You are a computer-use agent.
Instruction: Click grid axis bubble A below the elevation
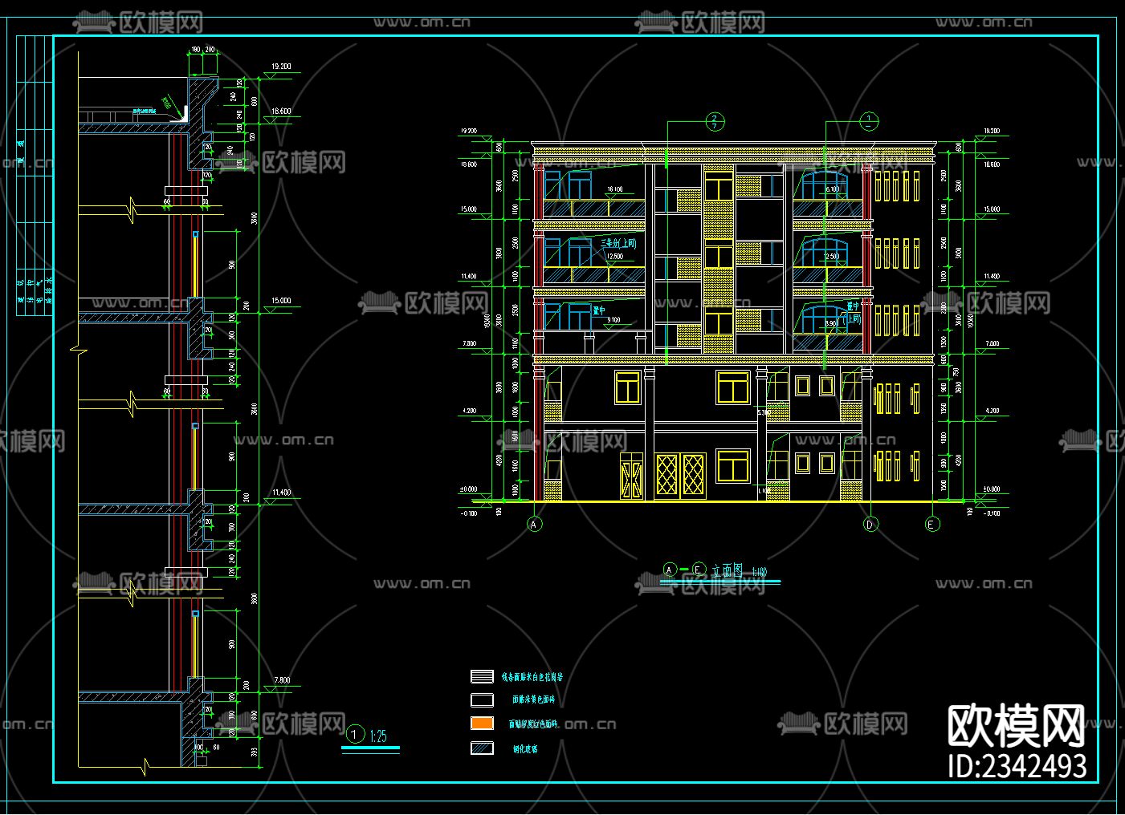(535, 525)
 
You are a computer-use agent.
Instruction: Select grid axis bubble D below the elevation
(870, 525)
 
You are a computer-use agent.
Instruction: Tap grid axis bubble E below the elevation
(932, 525)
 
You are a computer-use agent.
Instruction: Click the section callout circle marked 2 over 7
(715, 122)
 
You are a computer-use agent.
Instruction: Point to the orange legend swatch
(482, 723)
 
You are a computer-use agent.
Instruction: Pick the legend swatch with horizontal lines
(482, 677)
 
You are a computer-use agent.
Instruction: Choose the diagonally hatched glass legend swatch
(482, 748)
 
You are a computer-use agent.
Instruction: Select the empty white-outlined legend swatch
(482, 699)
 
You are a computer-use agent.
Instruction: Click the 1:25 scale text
(378, 735)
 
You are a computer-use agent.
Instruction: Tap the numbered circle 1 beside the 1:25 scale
(354, 734)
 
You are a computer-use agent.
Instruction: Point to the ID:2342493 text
(1017, 766)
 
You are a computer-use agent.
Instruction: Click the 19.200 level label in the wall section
(281, 67)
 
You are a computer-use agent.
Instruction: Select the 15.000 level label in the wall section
(281, 301)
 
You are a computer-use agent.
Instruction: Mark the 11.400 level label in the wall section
(281, 493)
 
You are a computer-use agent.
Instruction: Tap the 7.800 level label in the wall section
(281, 680)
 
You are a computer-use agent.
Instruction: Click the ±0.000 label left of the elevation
(467, 489)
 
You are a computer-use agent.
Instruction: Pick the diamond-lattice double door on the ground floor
(680, 476)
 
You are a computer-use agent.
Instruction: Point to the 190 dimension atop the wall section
(195, 50)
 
